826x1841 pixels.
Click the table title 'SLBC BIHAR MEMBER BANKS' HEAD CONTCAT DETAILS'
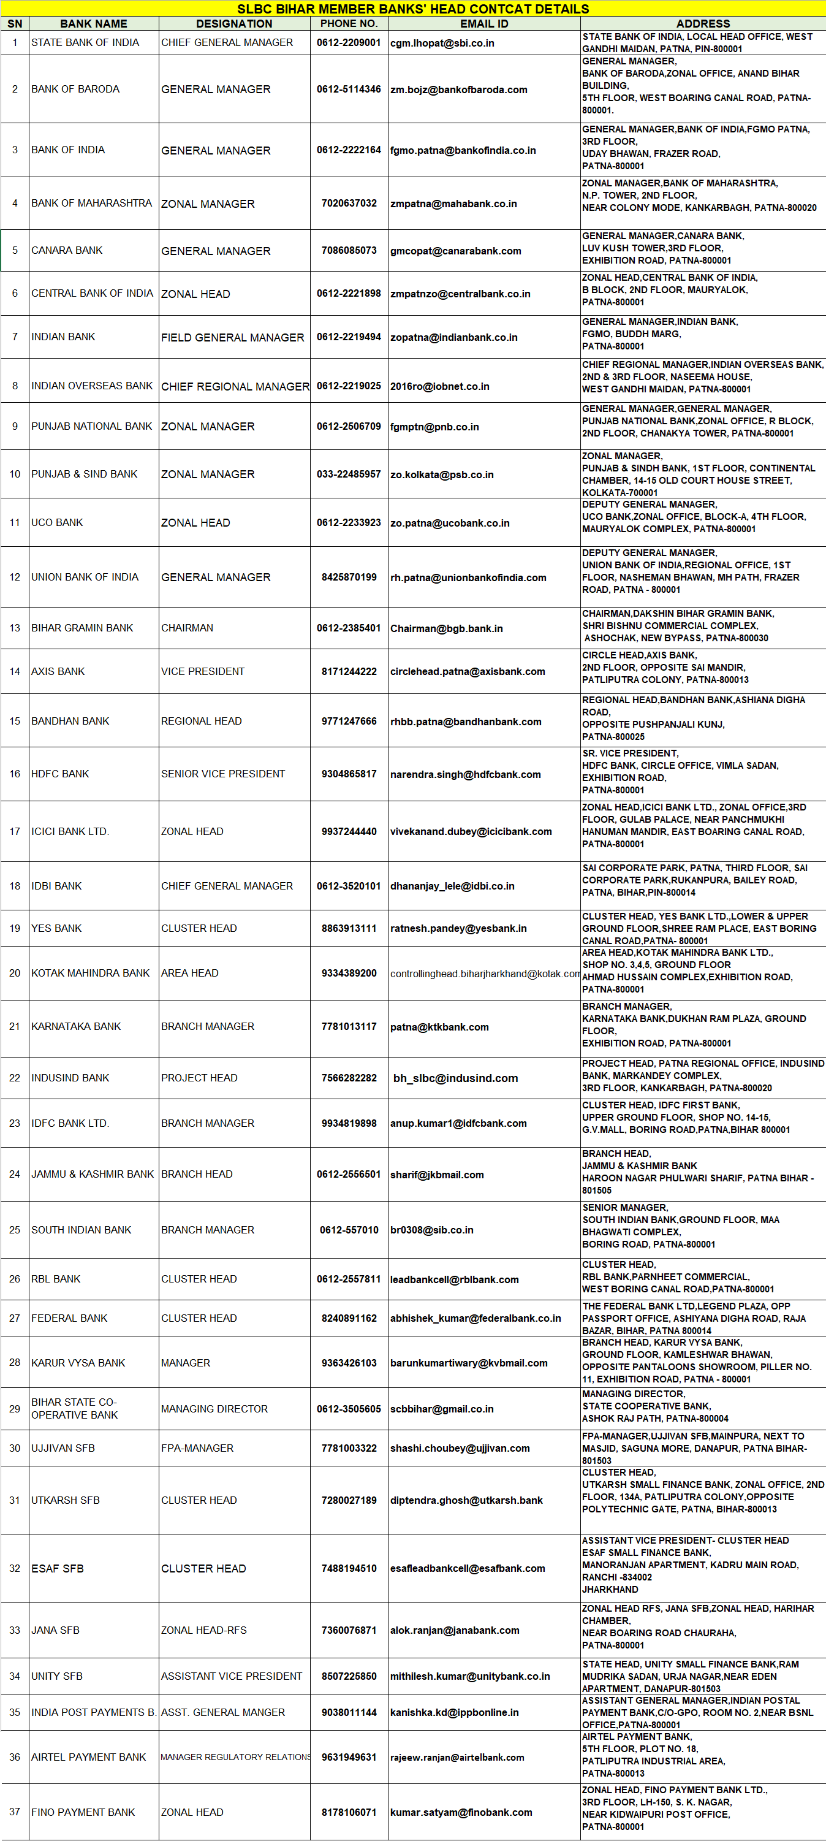(413, 9)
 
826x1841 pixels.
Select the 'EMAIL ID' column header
(483, 23)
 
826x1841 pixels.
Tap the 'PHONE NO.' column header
(349, 23)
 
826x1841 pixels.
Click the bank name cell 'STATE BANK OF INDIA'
(85, 43)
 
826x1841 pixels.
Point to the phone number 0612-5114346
(349, 90)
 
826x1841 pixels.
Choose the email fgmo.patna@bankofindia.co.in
(462, 150)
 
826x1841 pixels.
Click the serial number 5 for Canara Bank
(15, 250)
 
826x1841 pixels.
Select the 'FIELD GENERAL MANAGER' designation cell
(232, 337)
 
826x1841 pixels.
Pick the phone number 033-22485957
(349, 475)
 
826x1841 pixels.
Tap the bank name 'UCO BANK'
(57, 522)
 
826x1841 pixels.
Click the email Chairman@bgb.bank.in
(446, 628)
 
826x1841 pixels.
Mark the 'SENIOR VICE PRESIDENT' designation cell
(223, 774)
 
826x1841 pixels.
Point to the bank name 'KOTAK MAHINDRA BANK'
(90, 974)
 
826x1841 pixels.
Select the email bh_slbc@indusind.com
(455, 1078)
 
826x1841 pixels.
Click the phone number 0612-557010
(349, 1230)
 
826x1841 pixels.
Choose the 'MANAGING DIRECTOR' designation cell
(214, 1409)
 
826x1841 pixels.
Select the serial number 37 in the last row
(15, 1812)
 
